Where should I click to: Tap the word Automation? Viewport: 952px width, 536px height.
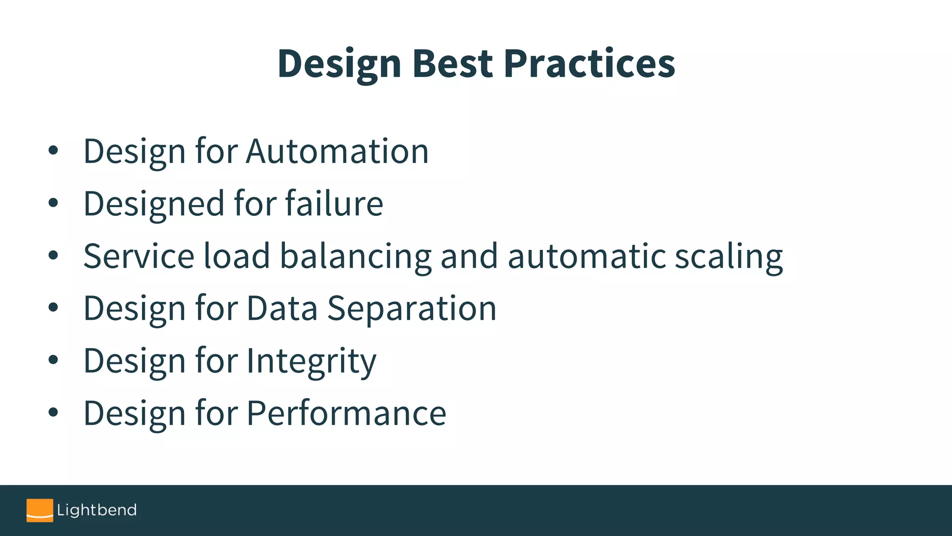pos(337,151)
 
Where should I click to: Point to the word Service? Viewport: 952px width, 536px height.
pos(139,256)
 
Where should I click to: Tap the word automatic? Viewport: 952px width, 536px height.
pos(587,256)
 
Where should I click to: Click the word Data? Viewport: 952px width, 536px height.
pos(282,308)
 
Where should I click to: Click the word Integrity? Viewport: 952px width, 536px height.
pos(311,362)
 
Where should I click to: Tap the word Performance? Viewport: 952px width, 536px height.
pos(346,413)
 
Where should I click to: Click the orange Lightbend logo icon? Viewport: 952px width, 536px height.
pos(40,510)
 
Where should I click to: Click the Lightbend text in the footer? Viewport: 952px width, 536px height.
pos(97,510)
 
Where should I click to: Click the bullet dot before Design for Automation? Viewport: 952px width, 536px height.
pos(53,151)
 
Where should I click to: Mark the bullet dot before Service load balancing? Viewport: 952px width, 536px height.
pos(53,255)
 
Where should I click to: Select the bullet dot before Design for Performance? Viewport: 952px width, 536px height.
pos(53,412)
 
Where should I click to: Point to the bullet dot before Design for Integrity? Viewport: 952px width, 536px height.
pos(53,360)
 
